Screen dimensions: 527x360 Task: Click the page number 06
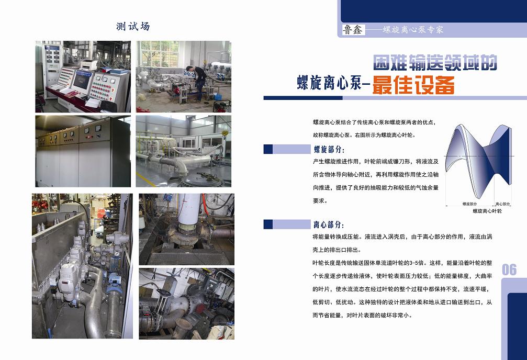(509, 269)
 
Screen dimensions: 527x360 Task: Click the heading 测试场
(133, 26)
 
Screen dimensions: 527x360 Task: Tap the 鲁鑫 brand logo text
(353, 30)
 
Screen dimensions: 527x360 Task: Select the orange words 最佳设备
(414, 85)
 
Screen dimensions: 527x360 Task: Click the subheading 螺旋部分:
(329, 149)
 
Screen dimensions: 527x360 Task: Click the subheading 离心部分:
(329, 224)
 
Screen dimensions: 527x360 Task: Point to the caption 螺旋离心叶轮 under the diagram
(487, 211)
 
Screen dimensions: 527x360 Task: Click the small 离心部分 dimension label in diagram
(503, 204)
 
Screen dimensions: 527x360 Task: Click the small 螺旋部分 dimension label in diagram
(469, 204)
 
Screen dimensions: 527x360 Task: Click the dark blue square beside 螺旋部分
(268, 149)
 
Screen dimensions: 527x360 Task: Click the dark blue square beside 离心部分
(268, 224)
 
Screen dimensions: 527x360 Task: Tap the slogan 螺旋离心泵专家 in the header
(413, 30)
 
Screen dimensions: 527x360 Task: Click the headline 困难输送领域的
(435, 63)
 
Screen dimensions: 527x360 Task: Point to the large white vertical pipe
(189, 209)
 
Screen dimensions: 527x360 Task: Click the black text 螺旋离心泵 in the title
(329, 83)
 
